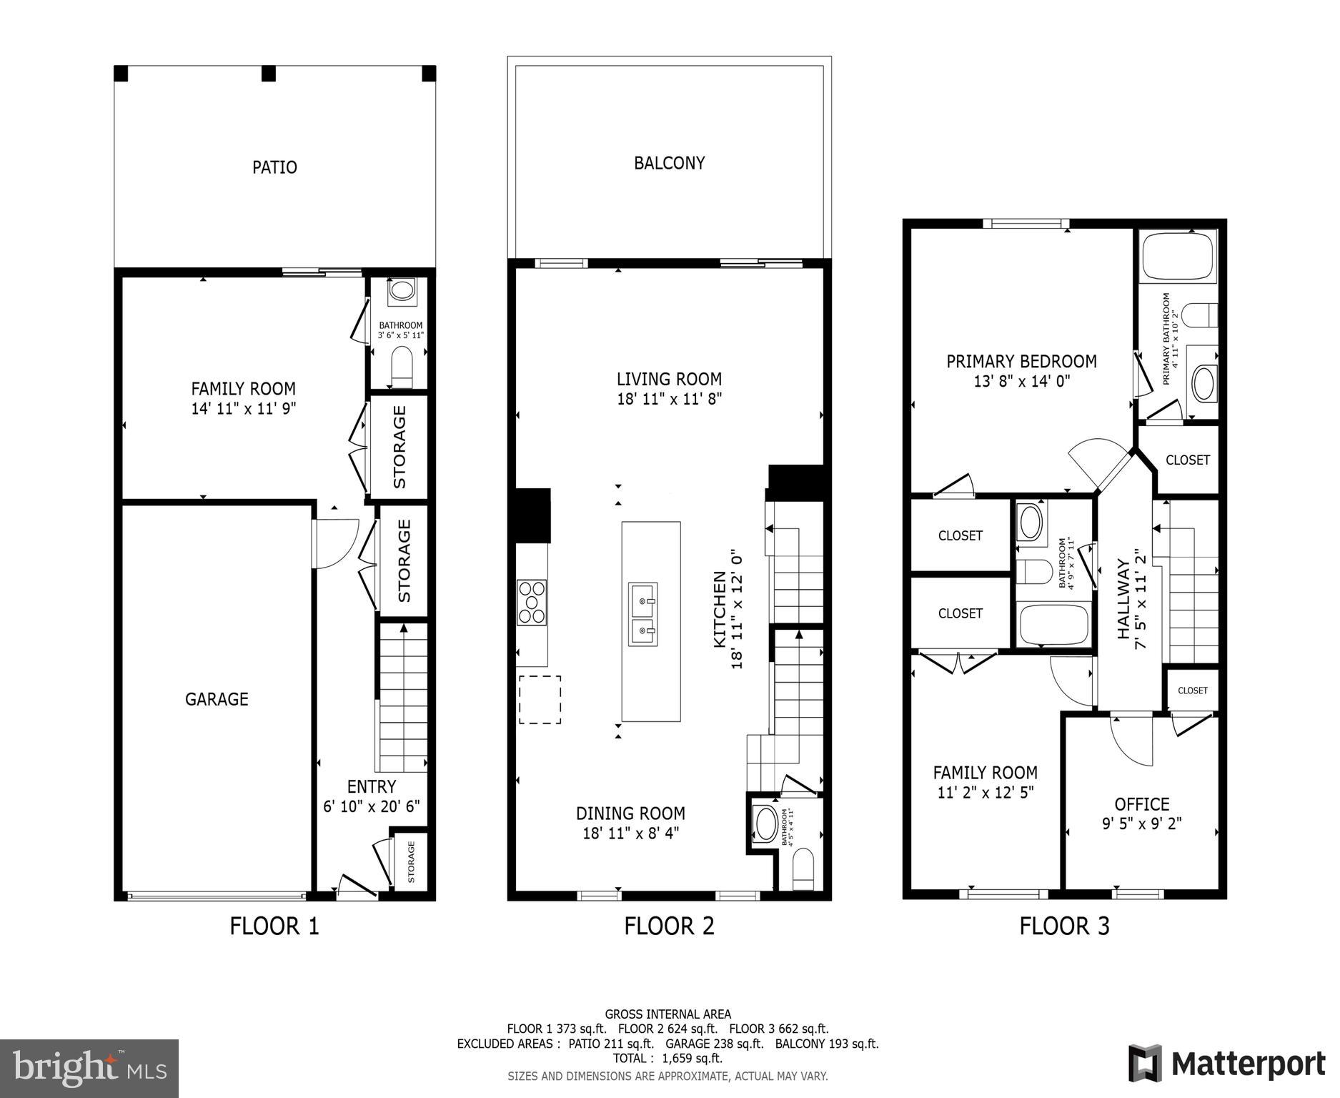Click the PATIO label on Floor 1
coord(274,167)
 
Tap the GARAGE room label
coord(217,699)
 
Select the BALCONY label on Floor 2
coord(669,163)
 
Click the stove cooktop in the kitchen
coord(532,603)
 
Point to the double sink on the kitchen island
coord(642,614)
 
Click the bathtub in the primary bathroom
coord(1178,257)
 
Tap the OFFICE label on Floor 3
coord(1141,804)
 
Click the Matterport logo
coord(1226,1063)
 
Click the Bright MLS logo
coord(89,1068)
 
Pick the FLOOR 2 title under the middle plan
coord(669,926)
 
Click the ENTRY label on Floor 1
coord(371,787)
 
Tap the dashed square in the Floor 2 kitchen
coord(540,700)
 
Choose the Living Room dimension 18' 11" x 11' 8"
coord(669,399)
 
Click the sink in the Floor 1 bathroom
coord(401,291)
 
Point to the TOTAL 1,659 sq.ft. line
coord(667,1058)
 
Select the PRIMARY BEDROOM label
coord(1021,362)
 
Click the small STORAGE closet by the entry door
coord(411,861)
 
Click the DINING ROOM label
coord(630,813)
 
